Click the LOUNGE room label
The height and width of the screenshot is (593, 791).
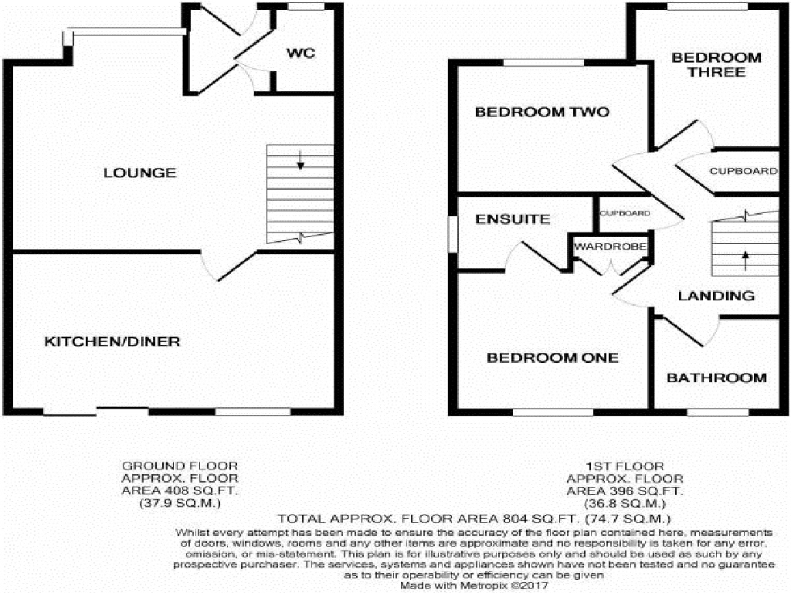click(x=140, y=173)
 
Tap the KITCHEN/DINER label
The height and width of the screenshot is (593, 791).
click(x=112, y=341)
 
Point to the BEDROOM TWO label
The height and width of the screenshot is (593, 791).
click(x=541, y=112)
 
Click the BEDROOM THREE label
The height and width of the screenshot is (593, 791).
click(x=716, y=65)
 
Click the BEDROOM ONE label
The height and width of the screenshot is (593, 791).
click(x=552, y=357)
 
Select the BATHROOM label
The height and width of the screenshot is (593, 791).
click(x=717, y=378)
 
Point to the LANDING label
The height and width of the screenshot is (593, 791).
click(x=716, y=296)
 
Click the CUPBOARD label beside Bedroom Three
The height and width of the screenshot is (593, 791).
click(x=743, y=171)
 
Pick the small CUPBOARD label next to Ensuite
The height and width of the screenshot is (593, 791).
click(x=625, y=213)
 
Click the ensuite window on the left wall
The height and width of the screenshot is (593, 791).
click(x=453, y=232)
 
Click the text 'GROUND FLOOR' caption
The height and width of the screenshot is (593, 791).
click(x=180, y=466)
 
